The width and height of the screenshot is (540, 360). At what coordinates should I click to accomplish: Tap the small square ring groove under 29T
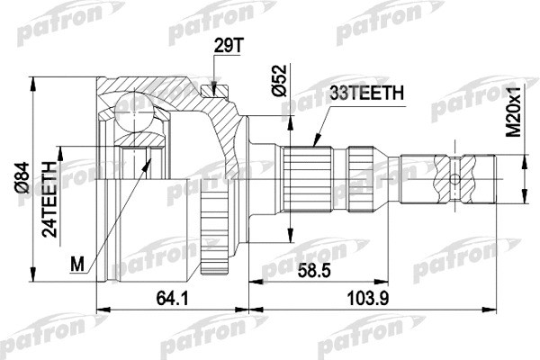point(212,88)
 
